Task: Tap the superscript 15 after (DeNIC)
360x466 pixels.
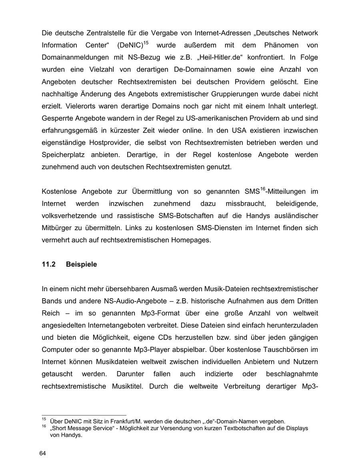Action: (x=147, y=42)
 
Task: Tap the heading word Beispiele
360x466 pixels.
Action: (x=81, y=264)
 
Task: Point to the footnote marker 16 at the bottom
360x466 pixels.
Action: (x=44, y=427)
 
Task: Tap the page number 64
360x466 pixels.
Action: (x=43, y=453)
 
